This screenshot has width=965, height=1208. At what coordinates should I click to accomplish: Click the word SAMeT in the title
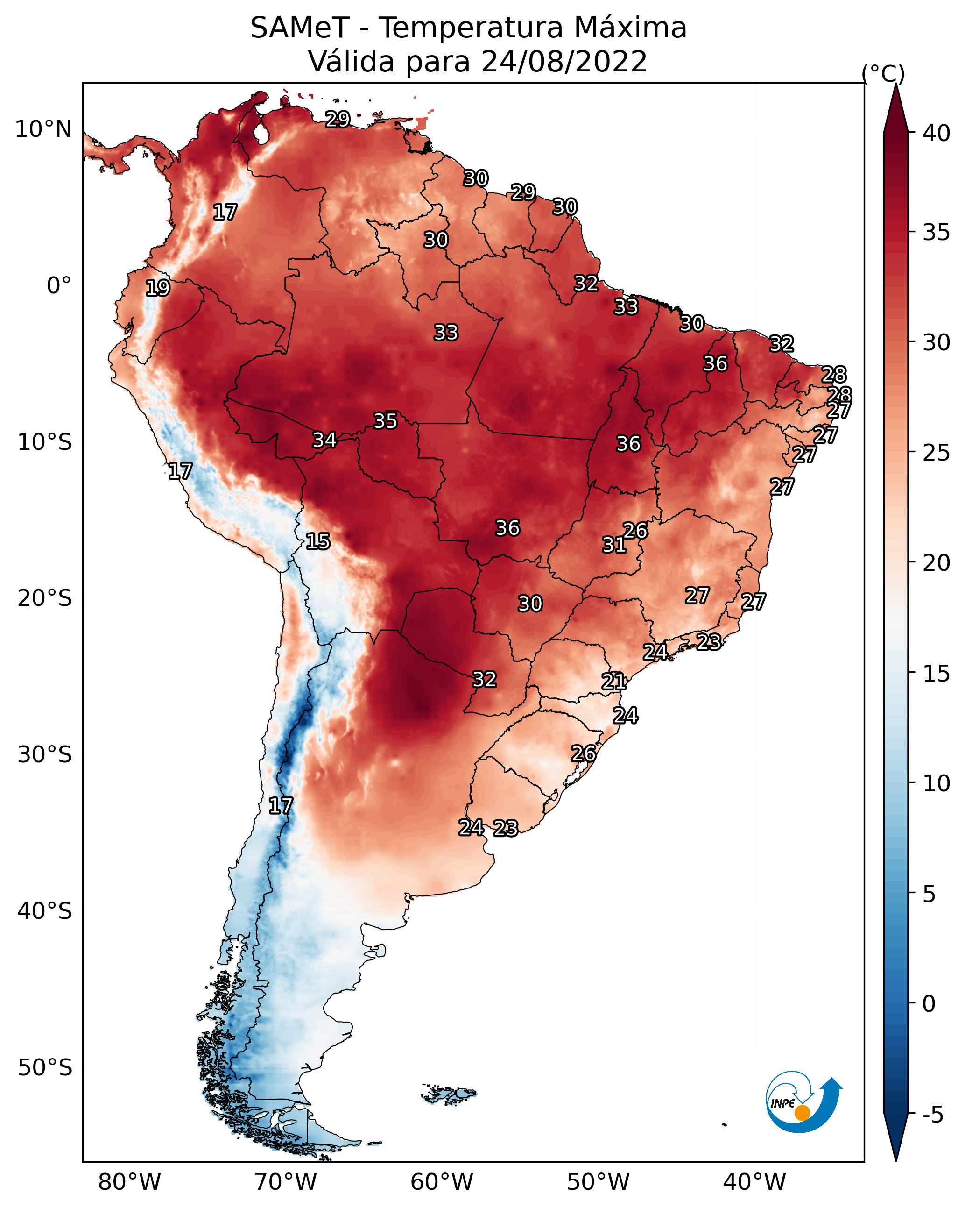(x=300, y=28)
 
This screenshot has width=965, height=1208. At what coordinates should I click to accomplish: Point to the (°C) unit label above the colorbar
(x=883, y=73)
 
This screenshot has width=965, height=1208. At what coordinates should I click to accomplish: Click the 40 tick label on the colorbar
(x=937, y=133)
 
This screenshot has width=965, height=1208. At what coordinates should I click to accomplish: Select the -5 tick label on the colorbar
(x=932, y=1115)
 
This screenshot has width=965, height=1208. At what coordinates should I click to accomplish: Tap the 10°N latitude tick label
(x=43, y=129)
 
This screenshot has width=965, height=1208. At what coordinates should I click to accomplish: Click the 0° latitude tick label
(x=59, y=286)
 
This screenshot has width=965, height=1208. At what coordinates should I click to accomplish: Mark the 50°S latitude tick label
(x=45, y=1068)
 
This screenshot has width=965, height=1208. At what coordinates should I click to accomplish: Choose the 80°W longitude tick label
(x=129, y=1182)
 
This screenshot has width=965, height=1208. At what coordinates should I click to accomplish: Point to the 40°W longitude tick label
(x=754, y=1182)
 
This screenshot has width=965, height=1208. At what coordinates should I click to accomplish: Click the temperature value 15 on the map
(x=317, y=541)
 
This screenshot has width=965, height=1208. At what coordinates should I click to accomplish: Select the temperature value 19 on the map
(x=157, y=288)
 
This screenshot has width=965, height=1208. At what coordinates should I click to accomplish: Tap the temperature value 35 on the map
(x=385, y=421)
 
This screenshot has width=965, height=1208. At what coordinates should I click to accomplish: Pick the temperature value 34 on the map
(x=324, y=440)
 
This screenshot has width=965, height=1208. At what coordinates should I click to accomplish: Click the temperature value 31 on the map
(x=614, y=545)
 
